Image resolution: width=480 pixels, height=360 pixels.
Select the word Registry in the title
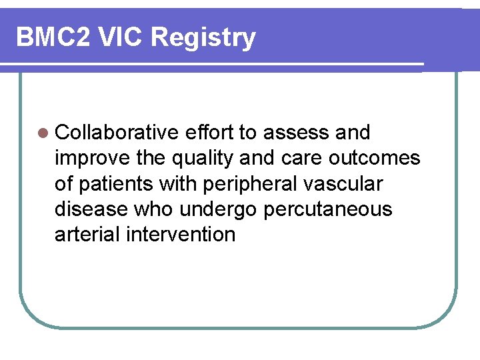pos(203,37)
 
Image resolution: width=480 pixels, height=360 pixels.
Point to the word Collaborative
pos(117,133)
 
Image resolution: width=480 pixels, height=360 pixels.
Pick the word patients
pos(114,183)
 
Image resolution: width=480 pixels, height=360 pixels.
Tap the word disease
pos(92,209)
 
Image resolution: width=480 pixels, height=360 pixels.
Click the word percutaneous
pos(328,209)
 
